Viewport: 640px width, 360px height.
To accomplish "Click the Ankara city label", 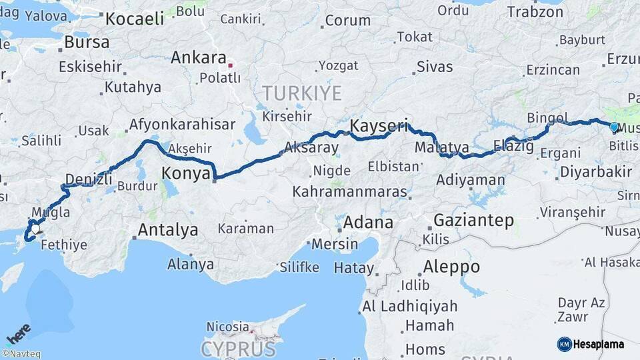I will pyautogui.click(x=198, y=57).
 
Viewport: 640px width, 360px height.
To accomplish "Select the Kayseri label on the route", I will pyautogui.click(x=378, y=126).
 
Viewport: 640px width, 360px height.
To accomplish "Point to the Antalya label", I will pyautogui.click(x=167, y=230).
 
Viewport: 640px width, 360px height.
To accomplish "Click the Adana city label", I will pyautogui.click(x=368, y=222).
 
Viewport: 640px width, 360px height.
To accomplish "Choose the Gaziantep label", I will pyautogui.click(x=474, y=220).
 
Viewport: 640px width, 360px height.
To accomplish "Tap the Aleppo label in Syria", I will pyautogui.click(x=451, y=267).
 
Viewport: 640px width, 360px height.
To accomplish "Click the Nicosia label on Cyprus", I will pyautogui.click(x=227, y=327).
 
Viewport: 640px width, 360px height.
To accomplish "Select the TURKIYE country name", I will pyautogui.click(x=301, y=93).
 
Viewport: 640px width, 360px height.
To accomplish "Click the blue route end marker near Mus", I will pyautogui.click(x=614, y=126).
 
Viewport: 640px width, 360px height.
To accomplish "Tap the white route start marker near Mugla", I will pyautogui.click(x=35, y=229).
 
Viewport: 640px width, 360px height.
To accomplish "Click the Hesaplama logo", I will pyautogui.click(x=591, y=344).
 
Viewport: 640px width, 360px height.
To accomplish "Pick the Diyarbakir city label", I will pyautogui.click(x=595, y=171).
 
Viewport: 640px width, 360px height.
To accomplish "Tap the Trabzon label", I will pyautogui.click(x=535, y=11).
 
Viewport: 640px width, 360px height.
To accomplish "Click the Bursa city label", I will pyautogui.click(x=87, y=42).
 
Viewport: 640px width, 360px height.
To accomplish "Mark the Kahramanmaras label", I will pyautogui.click(x=349, y=192).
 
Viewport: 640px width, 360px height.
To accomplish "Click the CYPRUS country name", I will pyautogui.click(x=238, y=349).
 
